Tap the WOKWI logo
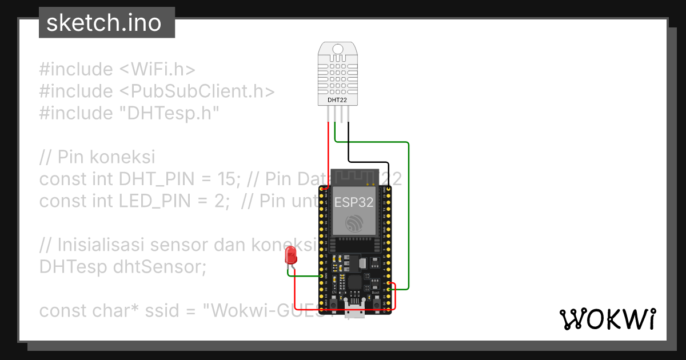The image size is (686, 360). (x=607, y=319)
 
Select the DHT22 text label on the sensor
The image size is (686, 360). (x=336, y=100)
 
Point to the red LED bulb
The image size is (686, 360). (x=291, y=255)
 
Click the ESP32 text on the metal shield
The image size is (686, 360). (x=354, y=202)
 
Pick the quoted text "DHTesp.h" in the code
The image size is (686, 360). (x=169, y=113)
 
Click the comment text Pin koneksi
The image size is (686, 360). (x=106, y=157)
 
